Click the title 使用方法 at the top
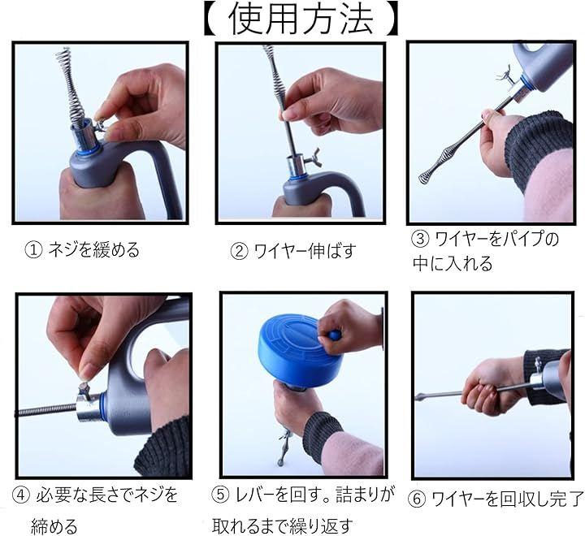pos(301,19)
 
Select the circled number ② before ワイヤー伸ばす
pos(239,252)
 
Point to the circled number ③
pos(421,239)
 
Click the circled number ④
pos(21,495)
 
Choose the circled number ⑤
pos(221,495)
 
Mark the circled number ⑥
pos(417,499)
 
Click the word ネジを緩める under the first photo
pos(93,250)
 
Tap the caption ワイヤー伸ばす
pos(304,251)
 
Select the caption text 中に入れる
pos(453,264)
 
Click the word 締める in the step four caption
pos(54,527)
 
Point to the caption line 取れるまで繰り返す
pos(283,526)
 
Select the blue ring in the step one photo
pos(88,150)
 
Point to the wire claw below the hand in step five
pos(284,447)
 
